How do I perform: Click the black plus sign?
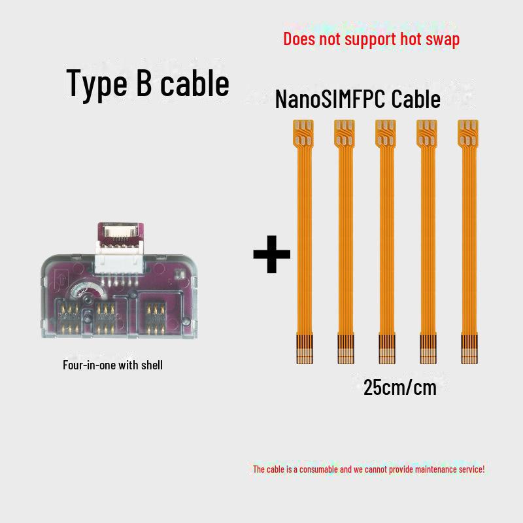pos(272,256)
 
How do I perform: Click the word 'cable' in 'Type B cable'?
pos(195,84)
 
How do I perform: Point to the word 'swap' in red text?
pos(444,39)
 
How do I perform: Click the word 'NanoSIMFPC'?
pos(331,100)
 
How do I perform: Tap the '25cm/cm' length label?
pos(399,387)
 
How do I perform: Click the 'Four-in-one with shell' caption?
pos(112,365)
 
